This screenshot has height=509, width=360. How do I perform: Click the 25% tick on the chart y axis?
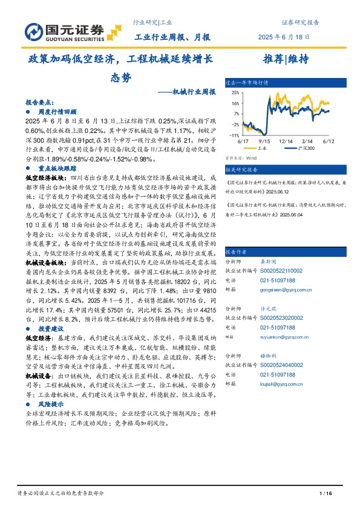pyautogui.click(x=235, y=94)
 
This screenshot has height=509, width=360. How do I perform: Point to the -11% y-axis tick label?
pyautogui.click(x=234, y=135)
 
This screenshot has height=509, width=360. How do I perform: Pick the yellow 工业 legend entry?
pyautogui.click(x=261, y=147)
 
